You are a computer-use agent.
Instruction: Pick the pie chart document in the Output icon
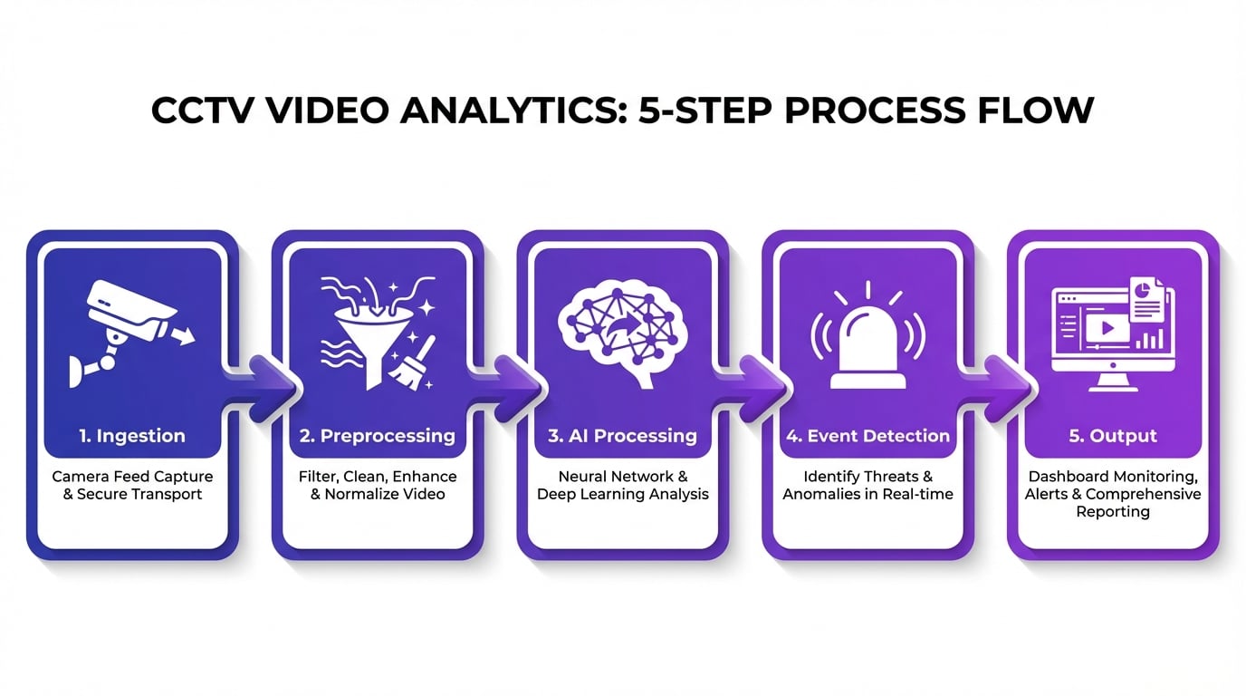tap(1148, 298)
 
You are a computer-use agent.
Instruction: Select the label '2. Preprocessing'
tap(377, 436)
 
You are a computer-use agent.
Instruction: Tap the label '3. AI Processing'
tap(622, 436)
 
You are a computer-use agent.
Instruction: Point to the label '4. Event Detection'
tap(867, 436)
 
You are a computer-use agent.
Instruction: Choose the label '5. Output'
tap(1113, 436)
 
